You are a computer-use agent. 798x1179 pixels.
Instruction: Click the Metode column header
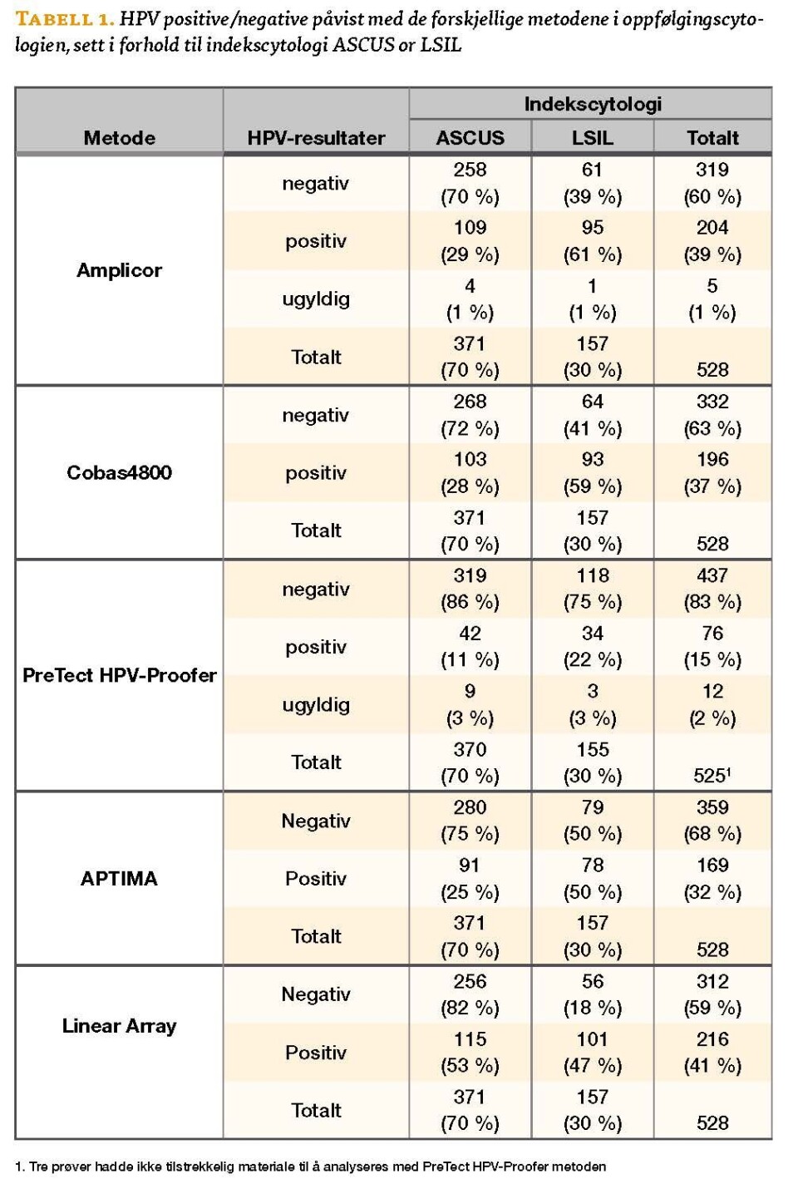point(119,138)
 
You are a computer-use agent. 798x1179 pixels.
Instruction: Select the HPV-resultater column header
point(316,138)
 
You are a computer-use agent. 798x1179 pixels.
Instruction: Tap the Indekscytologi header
point(592,104)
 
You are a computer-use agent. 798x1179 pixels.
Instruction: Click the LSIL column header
point(592,138)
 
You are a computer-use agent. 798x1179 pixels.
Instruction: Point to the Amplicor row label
point(119,270)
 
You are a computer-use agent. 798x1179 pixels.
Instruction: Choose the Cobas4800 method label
point(119,472)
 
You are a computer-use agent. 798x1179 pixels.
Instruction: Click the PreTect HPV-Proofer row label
point(119,675)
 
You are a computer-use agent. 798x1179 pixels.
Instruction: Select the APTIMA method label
point(119,878)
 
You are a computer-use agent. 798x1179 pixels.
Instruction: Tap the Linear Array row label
point(119,1026)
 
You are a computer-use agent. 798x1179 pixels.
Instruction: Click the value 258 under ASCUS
point(470,170)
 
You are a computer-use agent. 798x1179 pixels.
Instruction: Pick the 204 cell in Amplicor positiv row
point(712,228)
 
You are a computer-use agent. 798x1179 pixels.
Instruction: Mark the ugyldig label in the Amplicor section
point(316,299)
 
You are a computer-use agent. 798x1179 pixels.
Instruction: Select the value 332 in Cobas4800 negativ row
point(712,402)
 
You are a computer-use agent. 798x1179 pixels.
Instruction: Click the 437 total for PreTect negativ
point(712,575)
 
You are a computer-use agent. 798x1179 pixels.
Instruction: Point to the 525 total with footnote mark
point(712,776)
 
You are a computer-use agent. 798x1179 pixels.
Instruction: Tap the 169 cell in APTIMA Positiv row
point(712,866)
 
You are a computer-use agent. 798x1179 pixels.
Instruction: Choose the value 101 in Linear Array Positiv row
point(592,1039)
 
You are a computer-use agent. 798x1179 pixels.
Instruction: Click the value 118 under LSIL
point(592,575)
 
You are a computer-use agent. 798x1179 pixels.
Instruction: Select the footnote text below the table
point(310,1166)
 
